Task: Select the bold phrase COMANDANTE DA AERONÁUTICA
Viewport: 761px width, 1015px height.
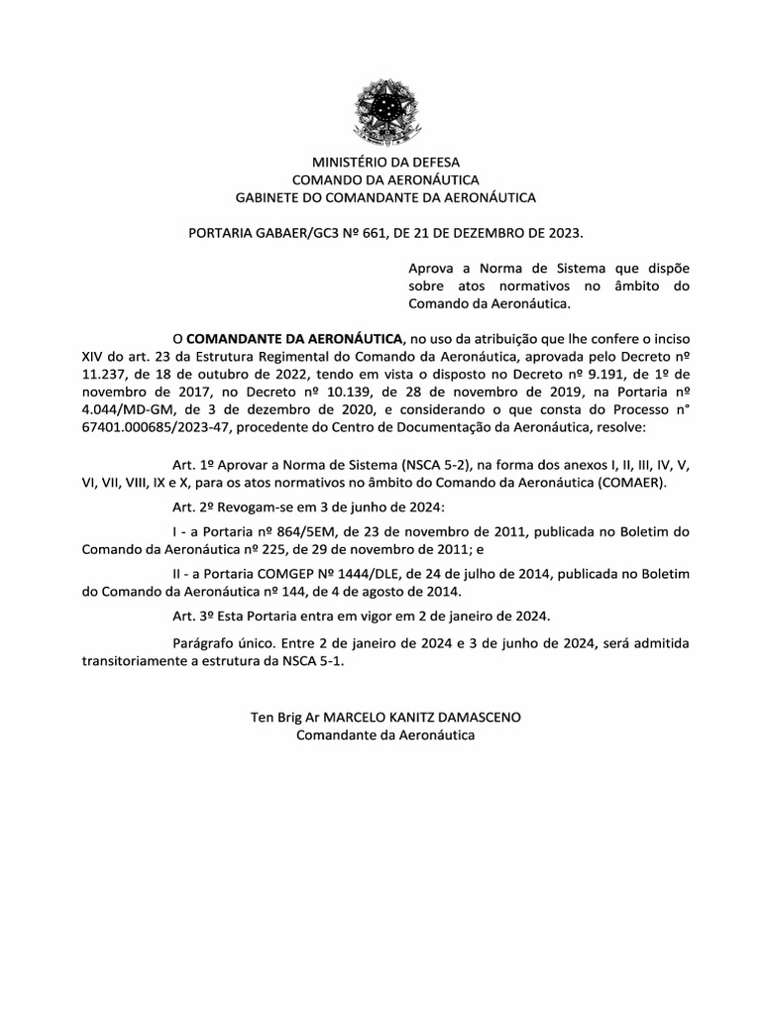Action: tap(294, 338)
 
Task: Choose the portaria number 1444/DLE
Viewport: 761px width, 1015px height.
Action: tap(356, 575)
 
